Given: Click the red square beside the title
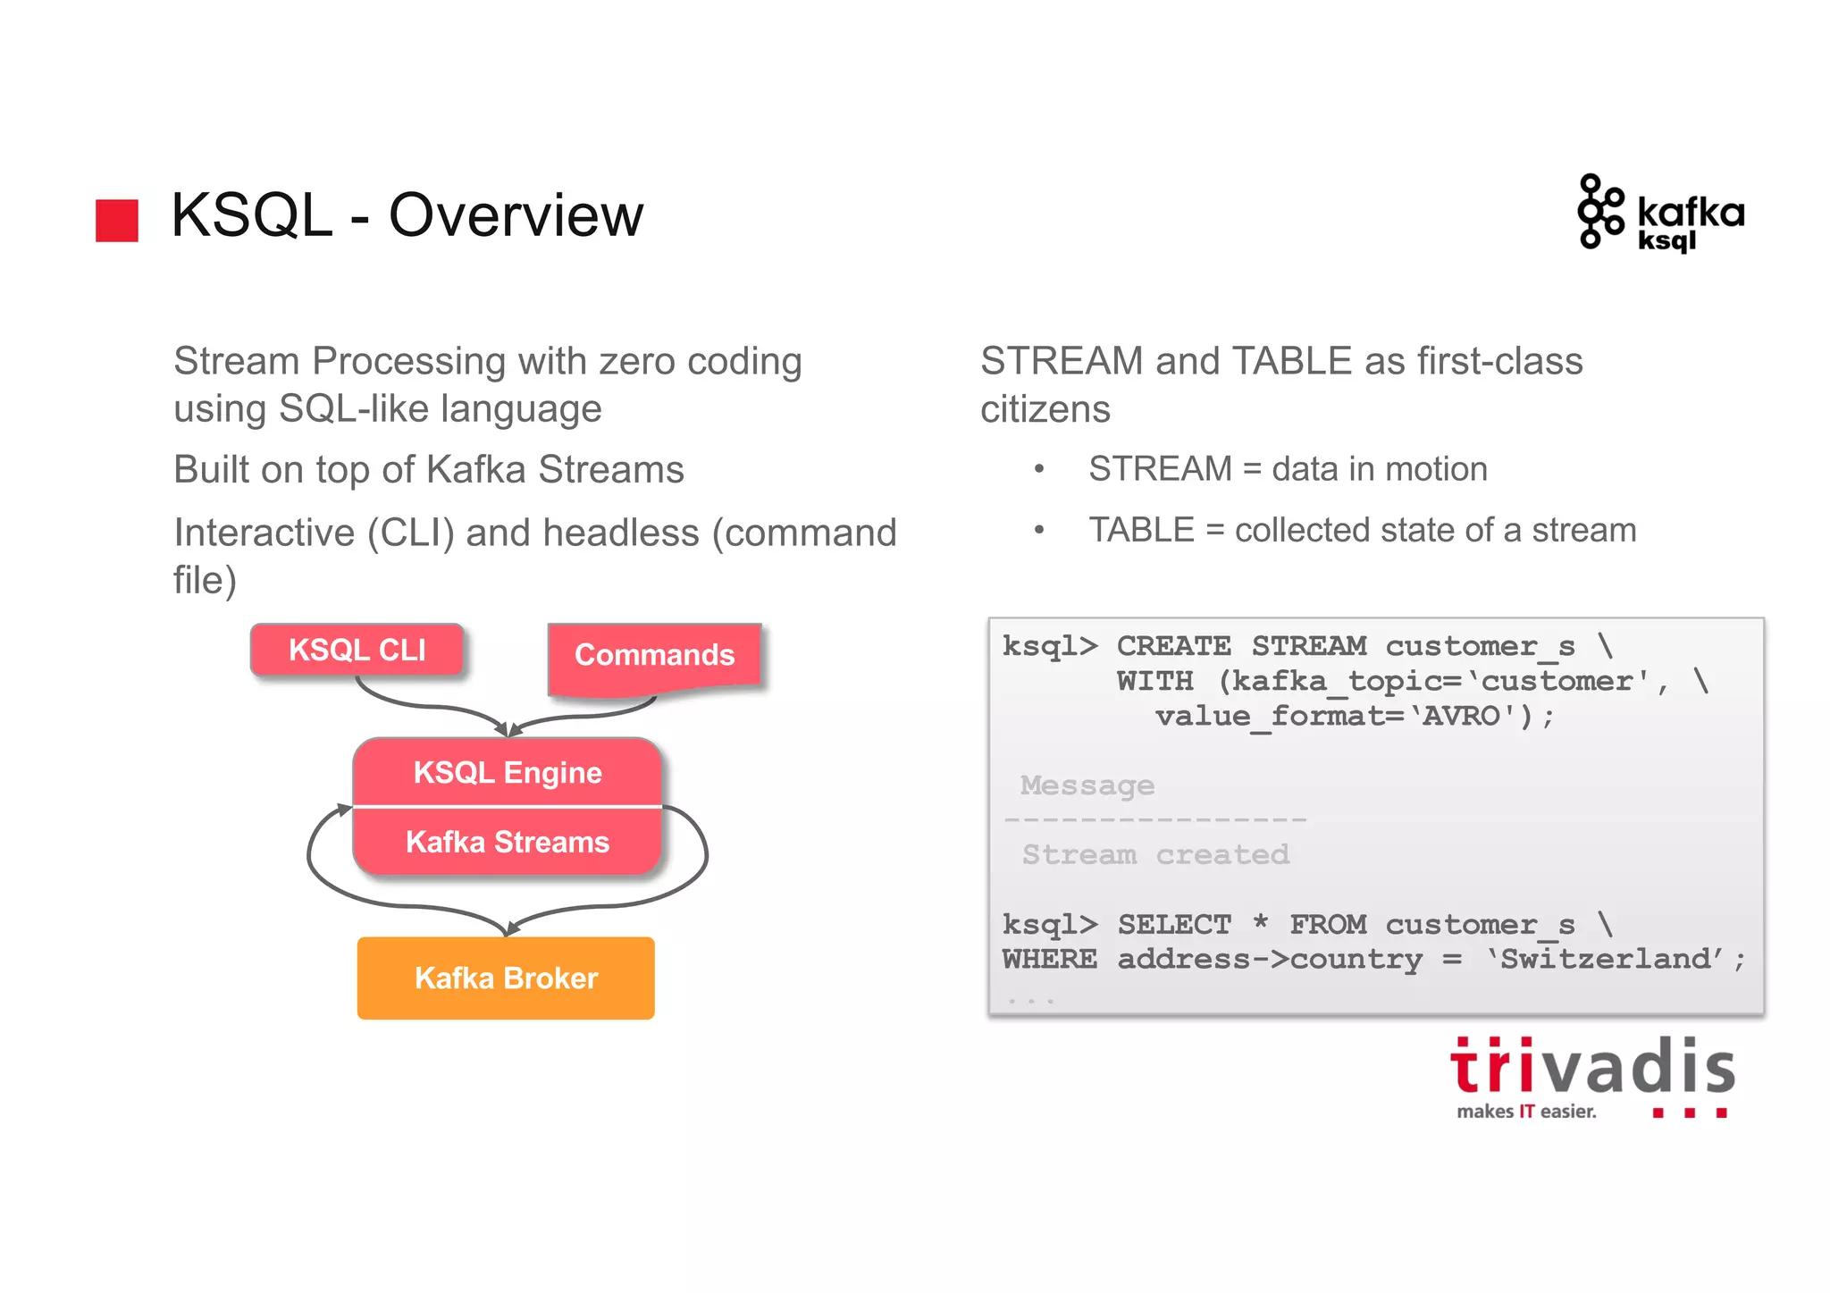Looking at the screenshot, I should pyautogui.click(x=117, y=220).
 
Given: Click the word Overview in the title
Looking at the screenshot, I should pyautogui.click(x=516, y=216).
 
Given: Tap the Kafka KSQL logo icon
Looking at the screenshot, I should pyautogui.click(x=1599, y=212).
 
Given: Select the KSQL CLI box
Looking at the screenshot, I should pyautogui.click(x=357, y=650).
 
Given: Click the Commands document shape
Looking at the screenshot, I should pyautogui.click(x=654, y=656).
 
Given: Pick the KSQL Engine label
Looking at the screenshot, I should pyautogui.click(x=507, y=773).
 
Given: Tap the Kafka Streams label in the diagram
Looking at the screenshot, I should pyautogui.click(x=507, y=842).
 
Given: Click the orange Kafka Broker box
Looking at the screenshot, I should pyautogui.click(x=506, y=978).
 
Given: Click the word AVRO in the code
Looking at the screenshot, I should pyautogui.click(x=1462, y=717).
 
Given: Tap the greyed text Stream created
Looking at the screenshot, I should pyautogui.click(x=1155, y=855).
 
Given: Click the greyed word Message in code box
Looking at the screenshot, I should pyautogui.click(x=1087, y=785).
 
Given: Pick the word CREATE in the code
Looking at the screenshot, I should pyautogui.click(x=1173, y=646).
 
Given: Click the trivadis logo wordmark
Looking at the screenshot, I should pyautogui.click(x=1592, y=1068).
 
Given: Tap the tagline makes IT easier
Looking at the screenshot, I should pyautogui.click(x=1526, y=1112).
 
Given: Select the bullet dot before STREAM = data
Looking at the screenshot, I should pyautogui.click(x=1039, y=470).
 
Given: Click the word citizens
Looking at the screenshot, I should pyautogui.click(x=1045, y=410).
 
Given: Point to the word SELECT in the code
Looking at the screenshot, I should pyautogui.click(x=1174, y=925).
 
